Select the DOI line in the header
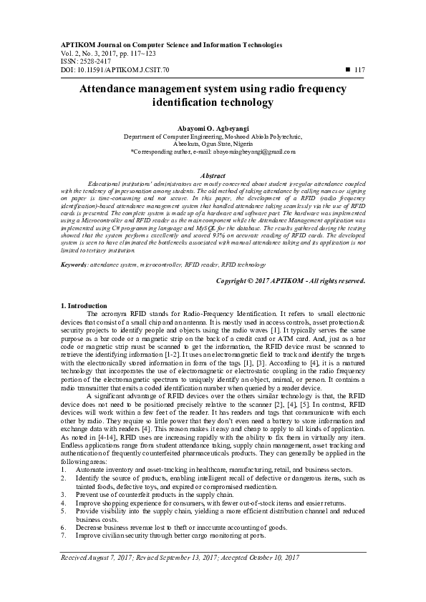[115, 69]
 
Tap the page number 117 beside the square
[359, 69]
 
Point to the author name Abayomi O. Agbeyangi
[213, 126]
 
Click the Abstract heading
[213, 175]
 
